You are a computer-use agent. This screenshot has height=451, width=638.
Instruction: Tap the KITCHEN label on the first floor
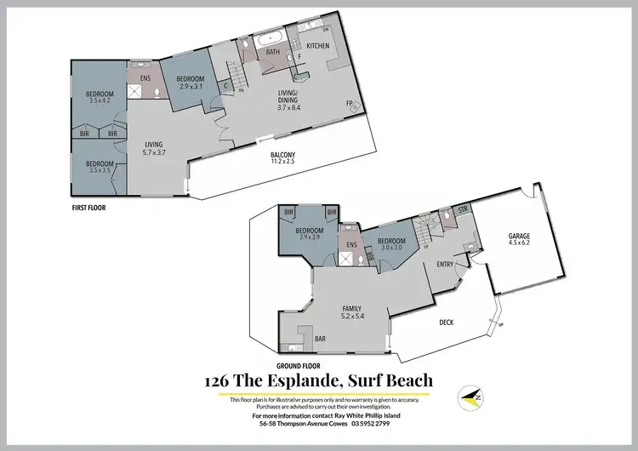pyautogui.click(x=317, y=45)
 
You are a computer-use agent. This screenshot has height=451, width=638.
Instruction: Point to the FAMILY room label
pyautogui.click(x=351, y=308)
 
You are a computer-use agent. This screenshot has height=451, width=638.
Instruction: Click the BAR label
pyautogui.click(x=321, y=339)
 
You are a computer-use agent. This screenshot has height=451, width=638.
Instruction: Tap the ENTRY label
pyautogui.click(x=445, y=264)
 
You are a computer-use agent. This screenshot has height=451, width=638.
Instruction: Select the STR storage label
pyautogui.click(x=464, y=208)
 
